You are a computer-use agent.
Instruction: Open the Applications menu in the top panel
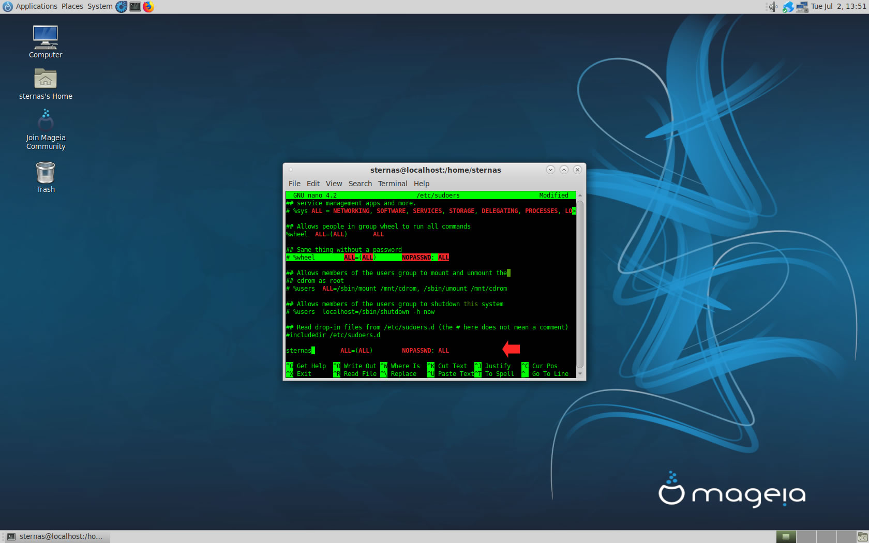pyautogui.click(x=36, y=7)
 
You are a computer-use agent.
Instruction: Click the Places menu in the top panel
pyautogui.click(x=72, y=7)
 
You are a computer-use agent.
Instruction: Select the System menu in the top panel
pyautogui.click(x=100, y=7)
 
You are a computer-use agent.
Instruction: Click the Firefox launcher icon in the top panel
pyautogui.click(x=148, y=7)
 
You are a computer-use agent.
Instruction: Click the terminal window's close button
pyautogui.click(x=577, y=170)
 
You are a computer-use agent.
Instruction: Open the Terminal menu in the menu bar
pyautogui.click(x=393, y=184)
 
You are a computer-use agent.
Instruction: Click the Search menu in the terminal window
pyautogui.click(x=360, y=184)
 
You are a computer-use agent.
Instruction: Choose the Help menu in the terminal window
pyautogui.click(x=421, y=184)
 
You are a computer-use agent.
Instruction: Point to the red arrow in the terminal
pyautogui.click(x=511, y=349)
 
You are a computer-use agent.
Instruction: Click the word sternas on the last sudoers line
pyautogui.click(x=298, y=351)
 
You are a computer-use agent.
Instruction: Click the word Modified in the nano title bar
pyautogui.click(x=553, y=195)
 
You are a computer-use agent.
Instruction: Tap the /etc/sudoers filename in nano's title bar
pyautogui.click(x=438, y=195)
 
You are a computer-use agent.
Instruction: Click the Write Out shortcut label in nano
pyautogui.click(x=360, y=366)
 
